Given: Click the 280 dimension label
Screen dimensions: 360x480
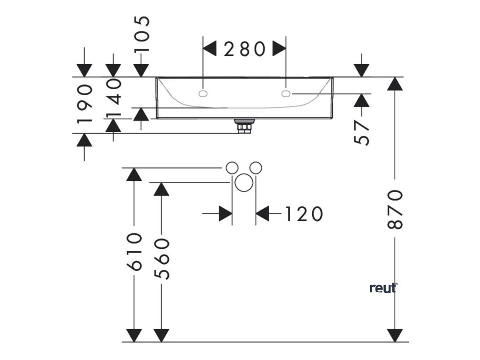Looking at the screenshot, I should pos(244,49).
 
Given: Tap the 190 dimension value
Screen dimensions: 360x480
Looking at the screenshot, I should pos(84,104).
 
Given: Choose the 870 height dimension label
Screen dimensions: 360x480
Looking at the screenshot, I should pos(396,209).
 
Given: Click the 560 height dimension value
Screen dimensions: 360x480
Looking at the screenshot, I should pos(161,258).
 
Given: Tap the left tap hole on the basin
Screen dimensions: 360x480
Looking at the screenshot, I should pos(203,94).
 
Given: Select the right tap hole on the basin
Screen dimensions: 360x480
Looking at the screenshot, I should pos(286,94).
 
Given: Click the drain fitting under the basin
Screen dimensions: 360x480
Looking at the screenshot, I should pos(244,127).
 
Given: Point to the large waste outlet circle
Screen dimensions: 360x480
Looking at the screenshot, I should pos(244,183).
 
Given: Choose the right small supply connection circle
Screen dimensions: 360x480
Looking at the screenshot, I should pos(255,167).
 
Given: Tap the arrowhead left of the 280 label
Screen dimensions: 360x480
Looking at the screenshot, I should pos(209,49).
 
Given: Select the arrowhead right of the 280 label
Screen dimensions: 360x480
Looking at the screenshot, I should pos(280,49).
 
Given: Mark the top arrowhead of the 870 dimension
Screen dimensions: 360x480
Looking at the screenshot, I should pos(396,84).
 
